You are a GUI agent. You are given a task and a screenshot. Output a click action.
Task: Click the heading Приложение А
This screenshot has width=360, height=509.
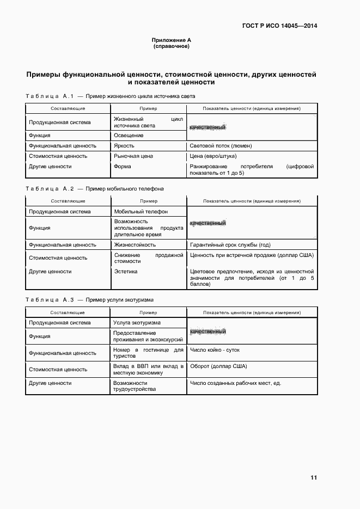[x=171, y=40]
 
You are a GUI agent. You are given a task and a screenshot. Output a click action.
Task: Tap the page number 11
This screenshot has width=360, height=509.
[x=313, y=477]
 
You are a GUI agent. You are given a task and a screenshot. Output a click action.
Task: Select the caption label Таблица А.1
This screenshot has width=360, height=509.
[x=49, y=96]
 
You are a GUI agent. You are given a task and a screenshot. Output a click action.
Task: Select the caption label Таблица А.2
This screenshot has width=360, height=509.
[x=49, y=188]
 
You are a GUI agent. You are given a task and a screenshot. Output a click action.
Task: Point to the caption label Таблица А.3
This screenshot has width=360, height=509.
[x=49, y=299]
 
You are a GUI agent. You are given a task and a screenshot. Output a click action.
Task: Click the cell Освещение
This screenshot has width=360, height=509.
[x=129, y=136]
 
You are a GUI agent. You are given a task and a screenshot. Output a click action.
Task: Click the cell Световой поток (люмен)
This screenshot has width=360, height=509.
[x=221, y=146]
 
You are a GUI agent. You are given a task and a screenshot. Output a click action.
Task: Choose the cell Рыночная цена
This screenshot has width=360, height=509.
[x=133, y=156]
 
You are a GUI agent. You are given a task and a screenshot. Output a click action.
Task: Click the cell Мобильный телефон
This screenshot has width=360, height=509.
[x=140, y=212]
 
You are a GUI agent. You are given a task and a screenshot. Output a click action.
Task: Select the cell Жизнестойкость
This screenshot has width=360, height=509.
[x=134, y=245]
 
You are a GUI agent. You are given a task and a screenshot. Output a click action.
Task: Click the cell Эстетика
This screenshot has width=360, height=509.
[x=125, y=271]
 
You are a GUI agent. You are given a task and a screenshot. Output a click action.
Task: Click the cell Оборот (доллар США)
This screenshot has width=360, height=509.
[x=218, y=366]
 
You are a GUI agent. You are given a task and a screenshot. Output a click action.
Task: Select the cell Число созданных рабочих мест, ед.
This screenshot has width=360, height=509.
[x=235, y=383]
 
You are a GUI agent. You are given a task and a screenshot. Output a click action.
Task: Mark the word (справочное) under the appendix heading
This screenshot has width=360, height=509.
[x=171, y=46]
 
